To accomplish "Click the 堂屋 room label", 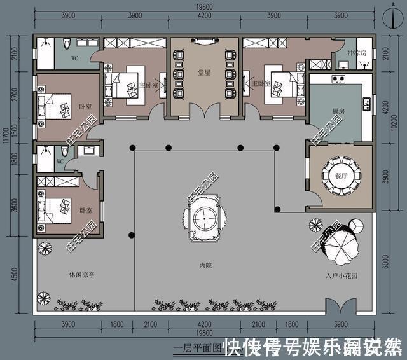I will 203,73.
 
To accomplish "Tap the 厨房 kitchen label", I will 338,111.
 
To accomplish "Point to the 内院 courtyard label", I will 204,265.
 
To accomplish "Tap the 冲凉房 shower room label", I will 355,53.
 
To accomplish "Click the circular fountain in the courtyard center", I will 205,219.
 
